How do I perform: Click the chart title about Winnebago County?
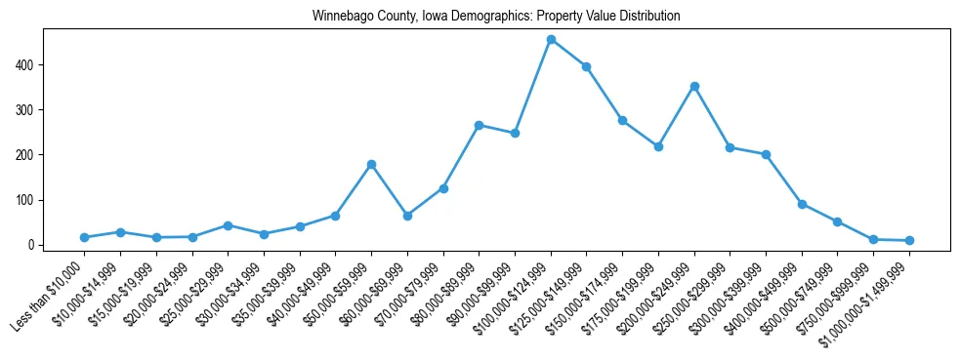tap(496, 17)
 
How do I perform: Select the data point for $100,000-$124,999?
tap(551, 40)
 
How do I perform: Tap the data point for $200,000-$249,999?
tap(694, 86)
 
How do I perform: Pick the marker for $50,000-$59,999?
tap(371, 164)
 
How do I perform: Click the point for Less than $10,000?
tap(85, 237)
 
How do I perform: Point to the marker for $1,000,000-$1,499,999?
tap(909, 240)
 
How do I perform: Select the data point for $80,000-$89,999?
tap(480, 125)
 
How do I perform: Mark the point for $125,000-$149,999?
tap(587, 66)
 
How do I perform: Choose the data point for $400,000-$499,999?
tap(802, 204)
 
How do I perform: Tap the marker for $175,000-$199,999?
tap(658, 146)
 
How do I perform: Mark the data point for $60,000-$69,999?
tap(407, 216)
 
